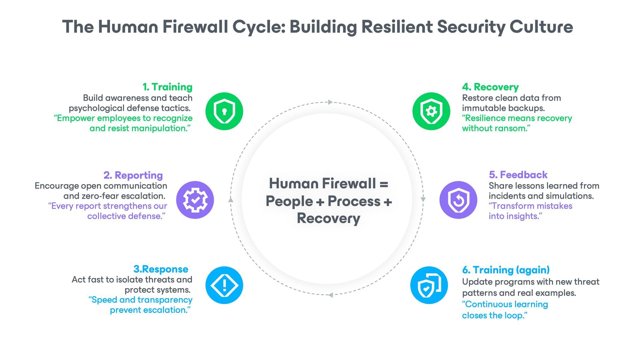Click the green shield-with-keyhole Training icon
tap(224, 111)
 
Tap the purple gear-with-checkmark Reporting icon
tap(195, 200)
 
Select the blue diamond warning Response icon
tap(224, 285)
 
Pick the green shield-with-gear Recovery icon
tap(431, 111)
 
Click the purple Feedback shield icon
tap(458, 200)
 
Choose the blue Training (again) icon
tap(429, 285)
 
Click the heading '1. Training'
tap(167, 87)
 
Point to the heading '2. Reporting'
tap(133, 175)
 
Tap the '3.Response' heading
tap(161, 269)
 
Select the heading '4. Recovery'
tap(490, 87)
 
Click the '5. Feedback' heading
tap(518, 175)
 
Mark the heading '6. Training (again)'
tap(506, 270)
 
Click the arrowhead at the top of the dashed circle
tap(330, 102)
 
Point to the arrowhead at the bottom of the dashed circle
tap(330, 295)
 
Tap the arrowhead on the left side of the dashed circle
tap(231, 200)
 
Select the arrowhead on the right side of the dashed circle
tap(423, 199)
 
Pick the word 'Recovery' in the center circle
tap(329, 218)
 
